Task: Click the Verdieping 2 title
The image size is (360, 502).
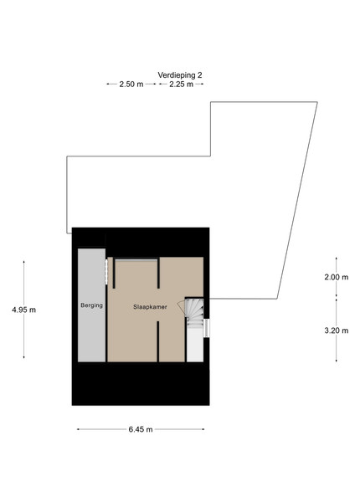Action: click(x=180, y=75)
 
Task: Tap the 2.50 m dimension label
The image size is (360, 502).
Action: click(x=131, y=85)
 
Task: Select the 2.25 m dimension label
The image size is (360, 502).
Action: click(x=182, y=85)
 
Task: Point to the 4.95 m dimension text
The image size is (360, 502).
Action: click(x=24, y=310)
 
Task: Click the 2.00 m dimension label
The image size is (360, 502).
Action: click(x=337, y=277)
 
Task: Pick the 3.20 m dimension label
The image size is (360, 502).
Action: click(x=337, y=330)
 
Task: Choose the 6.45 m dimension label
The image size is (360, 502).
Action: click(x=141, y=430)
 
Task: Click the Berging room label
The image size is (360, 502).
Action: click(x=91, y=305)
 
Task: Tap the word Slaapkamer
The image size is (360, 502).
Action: click(x=150, y=307)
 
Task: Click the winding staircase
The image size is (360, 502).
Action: click(x=194, y=312)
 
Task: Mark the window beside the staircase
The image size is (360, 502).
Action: click(x=207, y=328)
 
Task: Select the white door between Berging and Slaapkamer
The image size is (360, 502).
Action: click(x=106, y=271)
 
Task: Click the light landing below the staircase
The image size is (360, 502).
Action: click(x=195, y=345)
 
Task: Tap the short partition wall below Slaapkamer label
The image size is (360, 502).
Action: click(x=158, y=341)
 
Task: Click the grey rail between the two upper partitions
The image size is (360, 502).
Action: click(x=136, y=260)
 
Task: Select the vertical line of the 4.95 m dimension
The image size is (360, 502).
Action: click(x=24, y=310)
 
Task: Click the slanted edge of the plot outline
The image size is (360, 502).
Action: click(x=297, y=201)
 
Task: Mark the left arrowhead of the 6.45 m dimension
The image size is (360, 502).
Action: click(x=78, y=430)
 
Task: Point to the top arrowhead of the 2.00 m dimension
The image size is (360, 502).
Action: click(x=337, y=258)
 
